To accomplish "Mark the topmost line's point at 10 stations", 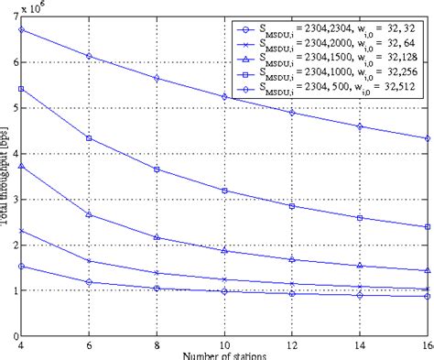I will point(223,96).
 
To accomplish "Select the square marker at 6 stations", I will point(88,138).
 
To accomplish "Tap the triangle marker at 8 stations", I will point(156,237).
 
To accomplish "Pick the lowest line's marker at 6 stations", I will point(88,282).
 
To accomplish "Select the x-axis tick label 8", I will point(156,346).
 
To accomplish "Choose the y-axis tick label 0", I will point(10,336).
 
